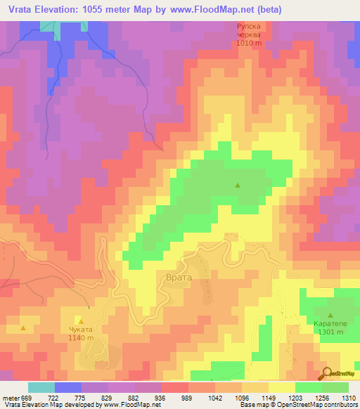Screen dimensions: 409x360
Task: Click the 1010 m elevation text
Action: pyautogui.click(x=249, y=43)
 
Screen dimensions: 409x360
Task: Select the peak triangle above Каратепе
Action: pyautogui.click(x=330, y=315)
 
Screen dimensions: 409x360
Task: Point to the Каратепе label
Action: pyautogui.click(x=330, y=324)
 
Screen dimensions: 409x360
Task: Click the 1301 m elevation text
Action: pyautogui.click(x=330, y=332)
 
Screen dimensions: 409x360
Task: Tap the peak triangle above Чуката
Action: pyautogui.click(x=81, y=321)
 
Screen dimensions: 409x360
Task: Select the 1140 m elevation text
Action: pyautogui.click(x=81, y=338)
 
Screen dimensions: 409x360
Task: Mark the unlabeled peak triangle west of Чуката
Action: pyautogui.click(x=23, y=327)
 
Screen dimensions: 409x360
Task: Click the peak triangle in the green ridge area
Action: pyautogui.click(x=238, y=186)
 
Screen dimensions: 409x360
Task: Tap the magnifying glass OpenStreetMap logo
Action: pyautogui.click(x=325, y=373)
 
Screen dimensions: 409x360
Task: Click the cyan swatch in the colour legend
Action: pyautogui.click(x=41, y=387)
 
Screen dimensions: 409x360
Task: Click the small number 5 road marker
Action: pyautogui.click(x=89, y=308)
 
